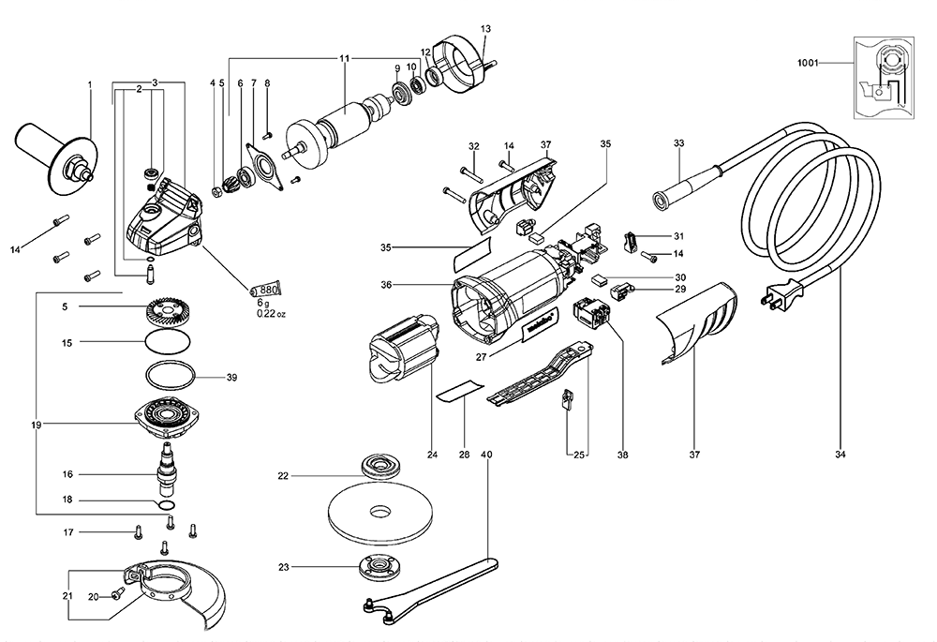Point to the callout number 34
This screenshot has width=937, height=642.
[x=840, y=456]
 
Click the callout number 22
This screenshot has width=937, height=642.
[x=283, y=476]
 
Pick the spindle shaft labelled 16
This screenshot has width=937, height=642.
[x=167, y=466]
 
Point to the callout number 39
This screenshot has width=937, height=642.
[x=231, y=378]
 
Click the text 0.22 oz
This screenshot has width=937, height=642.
[x=272, y=313]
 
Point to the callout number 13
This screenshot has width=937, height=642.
[x=484, y=29]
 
